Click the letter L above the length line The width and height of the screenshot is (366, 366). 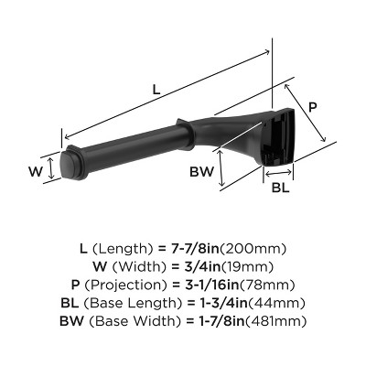[156, 90]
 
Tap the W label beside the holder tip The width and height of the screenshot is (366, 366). [34, 170]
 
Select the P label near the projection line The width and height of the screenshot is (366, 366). [312, 107]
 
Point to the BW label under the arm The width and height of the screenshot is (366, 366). [202, 172]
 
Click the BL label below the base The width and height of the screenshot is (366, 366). [282, 189]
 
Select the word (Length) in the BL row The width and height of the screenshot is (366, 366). [156, 303]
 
